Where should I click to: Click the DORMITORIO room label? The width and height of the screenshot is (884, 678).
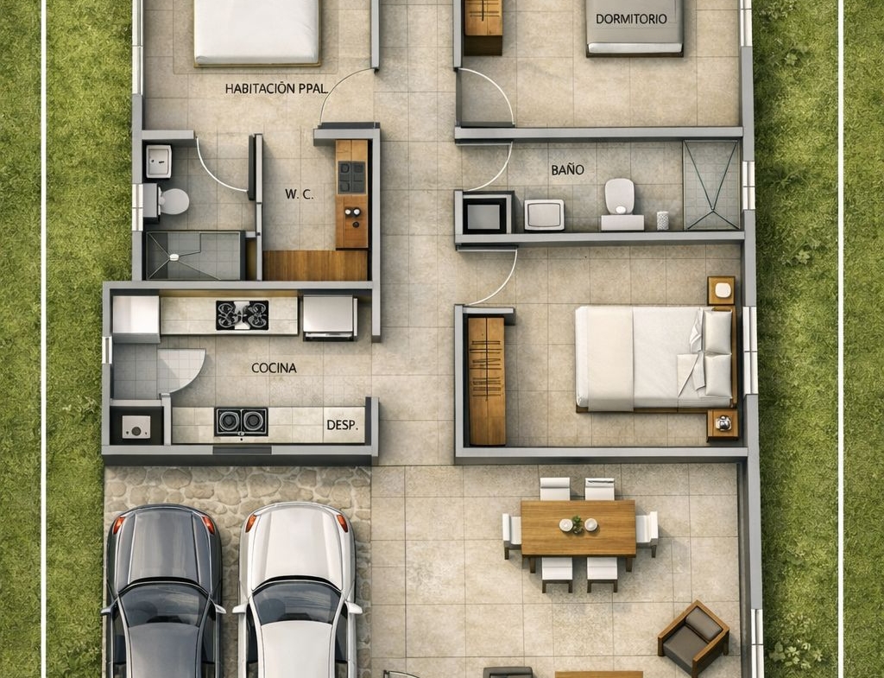coord(631,19)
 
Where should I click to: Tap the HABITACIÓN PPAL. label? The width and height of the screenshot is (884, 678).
coord(276,89)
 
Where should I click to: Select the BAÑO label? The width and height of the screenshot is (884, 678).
coord(567,170)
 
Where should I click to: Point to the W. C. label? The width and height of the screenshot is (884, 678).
coord(299,194)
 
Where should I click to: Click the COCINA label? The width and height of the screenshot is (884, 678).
coord(274,368)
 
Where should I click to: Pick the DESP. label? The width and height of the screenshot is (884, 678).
coord(342,425)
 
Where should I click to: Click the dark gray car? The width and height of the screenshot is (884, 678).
coord(162,591)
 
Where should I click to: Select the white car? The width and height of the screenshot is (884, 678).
coord(297,590)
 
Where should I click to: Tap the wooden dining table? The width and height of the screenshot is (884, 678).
coord(578,528)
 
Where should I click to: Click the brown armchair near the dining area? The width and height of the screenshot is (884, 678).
coord(693,637)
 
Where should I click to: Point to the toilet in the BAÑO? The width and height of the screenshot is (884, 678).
coord(621,204)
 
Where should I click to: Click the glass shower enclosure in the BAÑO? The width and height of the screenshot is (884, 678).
coord(711,185)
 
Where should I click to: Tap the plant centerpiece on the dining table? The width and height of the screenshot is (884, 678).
coord(577,524)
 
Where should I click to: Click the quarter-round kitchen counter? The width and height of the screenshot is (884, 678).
coord(180,370)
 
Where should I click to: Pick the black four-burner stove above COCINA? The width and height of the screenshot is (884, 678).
coord(243,314)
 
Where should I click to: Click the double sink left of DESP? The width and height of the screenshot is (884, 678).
coord(242,421)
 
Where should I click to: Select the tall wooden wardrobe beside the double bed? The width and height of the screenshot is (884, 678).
coord(486,381)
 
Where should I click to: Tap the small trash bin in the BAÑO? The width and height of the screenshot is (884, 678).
coord(662,220)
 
